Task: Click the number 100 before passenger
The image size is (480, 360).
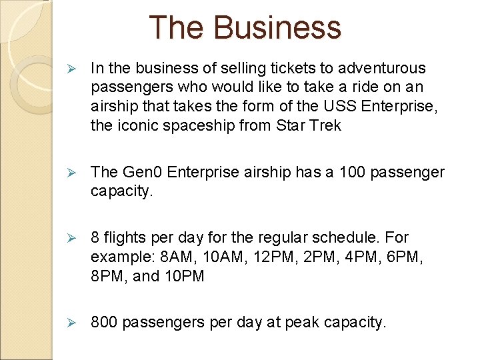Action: click(x=353, y=172)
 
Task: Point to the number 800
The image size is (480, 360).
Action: click(x=103, y=323)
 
